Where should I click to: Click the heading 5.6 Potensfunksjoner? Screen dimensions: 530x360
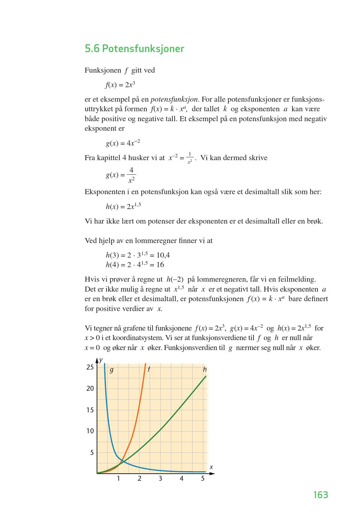coord(134,49)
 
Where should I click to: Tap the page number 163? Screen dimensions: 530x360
coord(320,495)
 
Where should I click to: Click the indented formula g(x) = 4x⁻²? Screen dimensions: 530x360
coord(123,143)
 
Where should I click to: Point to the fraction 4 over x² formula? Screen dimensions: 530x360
coord(121,175)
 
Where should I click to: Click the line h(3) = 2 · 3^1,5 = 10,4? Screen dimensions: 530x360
coord(137,255)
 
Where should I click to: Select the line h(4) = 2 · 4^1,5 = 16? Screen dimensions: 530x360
coord(135,265)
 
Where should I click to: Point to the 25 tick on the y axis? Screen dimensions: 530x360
coord(90,367)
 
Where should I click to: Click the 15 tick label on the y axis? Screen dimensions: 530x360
coord(90,410)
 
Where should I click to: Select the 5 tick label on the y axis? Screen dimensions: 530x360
coord(92,452)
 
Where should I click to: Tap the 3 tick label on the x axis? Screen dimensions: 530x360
coord(160,479)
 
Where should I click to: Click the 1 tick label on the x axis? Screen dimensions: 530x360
coord(118,479)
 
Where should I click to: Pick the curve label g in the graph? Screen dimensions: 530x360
coord(112,370)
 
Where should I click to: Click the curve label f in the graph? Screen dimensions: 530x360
coord(149,370)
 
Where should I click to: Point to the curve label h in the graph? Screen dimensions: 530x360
coord(205,370)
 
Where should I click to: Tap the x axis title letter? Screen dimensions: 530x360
coord(211,467)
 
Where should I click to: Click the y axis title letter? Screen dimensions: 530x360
coord(101,360)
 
